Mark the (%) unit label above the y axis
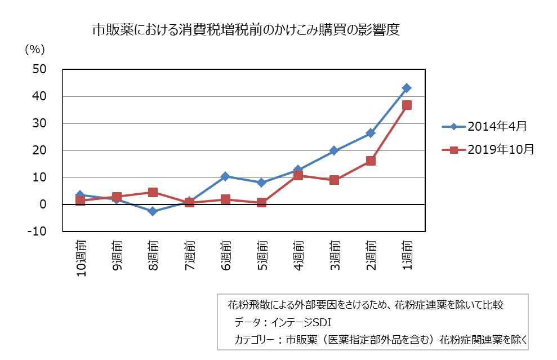pyautogui.click(x=34, y=50)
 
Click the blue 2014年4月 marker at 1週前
pyautogui.click(x=407, y=88)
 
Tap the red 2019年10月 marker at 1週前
pyautogui.click(x=407, y=105)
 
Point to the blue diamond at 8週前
pyautogui.click(x=153, y=211)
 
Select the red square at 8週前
pyautogui.click(x=153, y=193)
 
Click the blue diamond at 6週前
pyautogui.click(x=225, y=176)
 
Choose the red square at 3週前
pyautogui.click(x=334, y=180)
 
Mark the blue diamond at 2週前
pyautogui.click(x=371, y=134)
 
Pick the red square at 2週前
pyautogui.click(x=371, y=161)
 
